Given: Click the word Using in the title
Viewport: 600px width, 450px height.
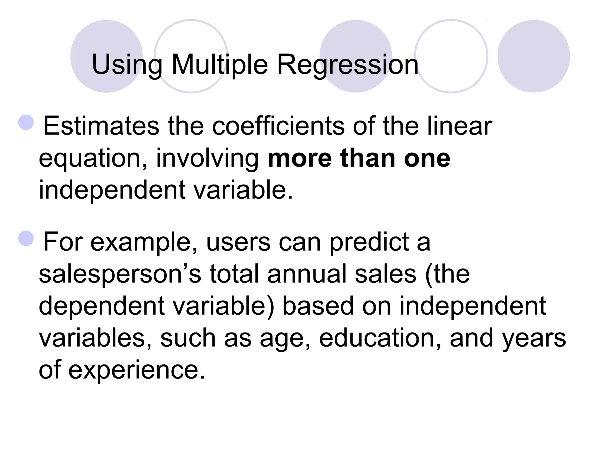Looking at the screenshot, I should pos(127,65).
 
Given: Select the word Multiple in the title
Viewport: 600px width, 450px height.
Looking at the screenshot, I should pos(219,65).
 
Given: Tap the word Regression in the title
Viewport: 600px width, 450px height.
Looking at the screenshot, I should pos(347,65).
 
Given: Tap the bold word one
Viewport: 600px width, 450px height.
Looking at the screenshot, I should pos(427,159).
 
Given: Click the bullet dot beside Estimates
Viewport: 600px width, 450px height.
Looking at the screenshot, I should pos(26,122).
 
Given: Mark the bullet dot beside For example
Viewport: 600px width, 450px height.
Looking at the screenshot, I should pos(26,238).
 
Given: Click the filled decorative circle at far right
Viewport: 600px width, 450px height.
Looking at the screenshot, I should pos(533,56).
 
